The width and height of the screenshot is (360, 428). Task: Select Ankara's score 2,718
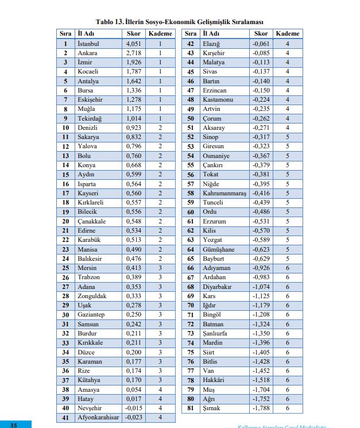(x=133, y=53)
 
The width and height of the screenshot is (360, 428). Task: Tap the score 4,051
(x=133, y=44)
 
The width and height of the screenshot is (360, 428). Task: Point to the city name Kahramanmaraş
(x=224, y=194)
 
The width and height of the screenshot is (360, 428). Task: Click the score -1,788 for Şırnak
(x=261, y=408)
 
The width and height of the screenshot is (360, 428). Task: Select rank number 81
(x=191, y=408)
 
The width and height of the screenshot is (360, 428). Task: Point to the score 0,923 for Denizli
(x=133, y=128)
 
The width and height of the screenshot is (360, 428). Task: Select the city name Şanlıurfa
(x=216, y=333)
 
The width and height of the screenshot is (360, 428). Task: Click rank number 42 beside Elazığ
(x=191, y=44)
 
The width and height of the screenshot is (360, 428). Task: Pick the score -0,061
(x=261, y=44)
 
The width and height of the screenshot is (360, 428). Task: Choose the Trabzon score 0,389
(x=133, y=277)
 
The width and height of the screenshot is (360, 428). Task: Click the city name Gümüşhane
(x=218, y=249)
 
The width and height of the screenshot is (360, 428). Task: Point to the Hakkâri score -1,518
(x=261, y=380)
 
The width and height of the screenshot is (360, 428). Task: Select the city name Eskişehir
(x=91, y=99)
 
